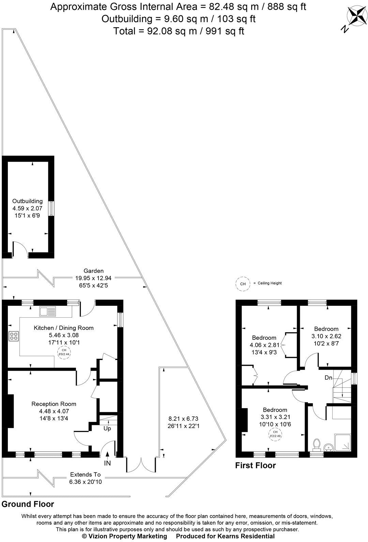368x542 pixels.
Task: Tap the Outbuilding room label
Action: pos(28,201)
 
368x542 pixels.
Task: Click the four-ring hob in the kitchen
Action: pos(14,336)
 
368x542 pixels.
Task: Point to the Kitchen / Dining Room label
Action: pos(63,328)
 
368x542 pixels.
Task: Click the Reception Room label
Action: pos(54,404)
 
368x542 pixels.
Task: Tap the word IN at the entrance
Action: pos(107,463)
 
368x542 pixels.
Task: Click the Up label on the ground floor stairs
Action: pos(107,428)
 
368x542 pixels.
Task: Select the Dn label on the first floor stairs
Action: pos(328,378)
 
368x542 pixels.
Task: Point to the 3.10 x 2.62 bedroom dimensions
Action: pos(326,336)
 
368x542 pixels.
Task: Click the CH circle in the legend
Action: pos(243,284)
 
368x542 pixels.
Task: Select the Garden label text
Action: pos(94,271)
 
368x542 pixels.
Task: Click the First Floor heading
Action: pos(255,465)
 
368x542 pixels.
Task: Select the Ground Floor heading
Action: pos(28,504)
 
